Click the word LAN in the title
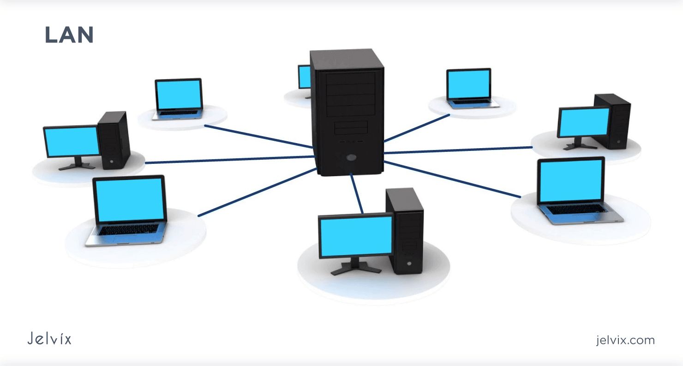coord(69,35)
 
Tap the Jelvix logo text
coord(49,339)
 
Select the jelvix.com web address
coord(625,340)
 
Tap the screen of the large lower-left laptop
coord(130,200)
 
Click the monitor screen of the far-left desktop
coord(72,141)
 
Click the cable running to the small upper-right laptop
coord(416,128)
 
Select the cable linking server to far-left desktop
coord(231,160)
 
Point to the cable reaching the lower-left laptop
coord(257,192)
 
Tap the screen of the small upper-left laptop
coord(179,95)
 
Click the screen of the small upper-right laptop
coord(468,84)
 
